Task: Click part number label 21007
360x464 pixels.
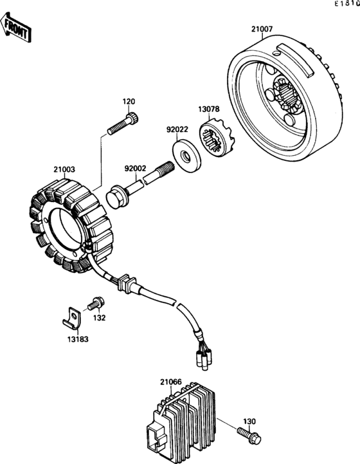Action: [x=262, y=29]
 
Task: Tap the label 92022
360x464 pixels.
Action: [x=177, y=128]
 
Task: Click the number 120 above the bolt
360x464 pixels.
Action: [x=129, y=102]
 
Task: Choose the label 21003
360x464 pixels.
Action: [x=64, y=170]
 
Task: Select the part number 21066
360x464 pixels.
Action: [x=172, y=382]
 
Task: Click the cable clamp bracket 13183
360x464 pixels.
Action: [x=74, y=317]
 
